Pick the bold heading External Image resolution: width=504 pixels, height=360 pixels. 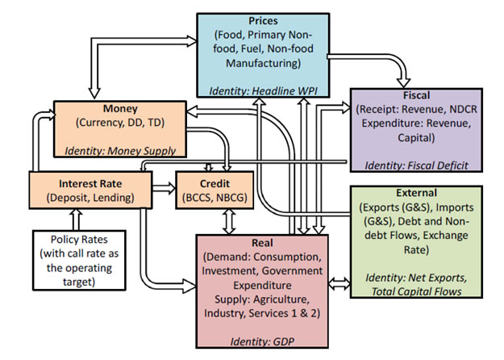click(x=417, y=194)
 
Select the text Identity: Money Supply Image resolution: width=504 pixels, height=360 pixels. click(x=116, y=149)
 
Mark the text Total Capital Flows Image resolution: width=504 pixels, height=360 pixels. click(x=417, y=291)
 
